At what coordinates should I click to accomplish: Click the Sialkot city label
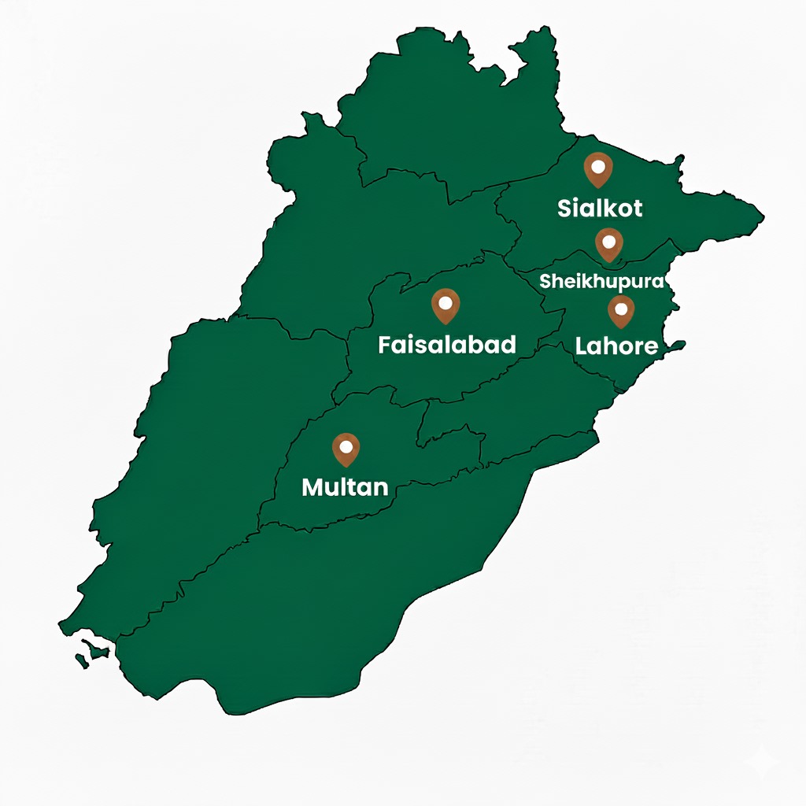[600, 209]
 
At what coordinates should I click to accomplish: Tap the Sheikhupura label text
[602, 282]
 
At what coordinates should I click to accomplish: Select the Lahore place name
[616, 346]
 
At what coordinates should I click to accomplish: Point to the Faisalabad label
[447, 345]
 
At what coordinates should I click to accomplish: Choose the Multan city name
[345, 487]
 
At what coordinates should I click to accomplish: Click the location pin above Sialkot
[598, 169]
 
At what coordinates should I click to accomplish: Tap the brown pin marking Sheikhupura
[609, 244]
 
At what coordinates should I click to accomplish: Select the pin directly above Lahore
[621, 311]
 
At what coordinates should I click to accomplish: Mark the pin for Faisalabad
[446, 305]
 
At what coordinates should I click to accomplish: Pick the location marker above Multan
[345, 449]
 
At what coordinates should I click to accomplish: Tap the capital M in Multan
[312, 487]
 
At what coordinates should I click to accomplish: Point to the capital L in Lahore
[582, 346]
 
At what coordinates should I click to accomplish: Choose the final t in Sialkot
[637, 209]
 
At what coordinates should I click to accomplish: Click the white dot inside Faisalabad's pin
[446, 301]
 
